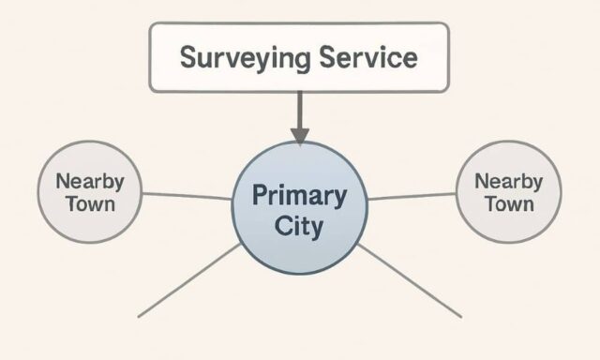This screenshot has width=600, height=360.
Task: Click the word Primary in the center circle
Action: (299, 197)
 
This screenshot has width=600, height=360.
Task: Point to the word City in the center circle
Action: (299, 226)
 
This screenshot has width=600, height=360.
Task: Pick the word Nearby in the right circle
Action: (508, 180)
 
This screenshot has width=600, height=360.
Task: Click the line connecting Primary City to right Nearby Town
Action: (412, 195)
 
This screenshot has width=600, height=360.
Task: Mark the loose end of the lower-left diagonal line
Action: (139, 316)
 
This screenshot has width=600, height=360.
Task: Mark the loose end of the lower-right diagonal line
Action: (461, 317)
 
